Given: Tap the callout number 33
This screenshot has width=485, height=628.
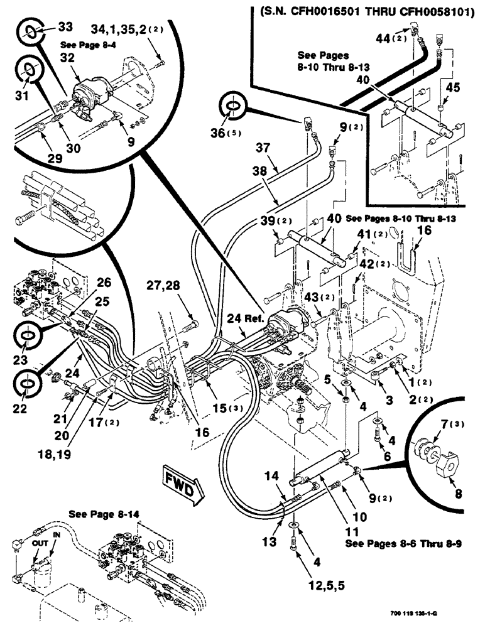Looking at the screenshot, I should click(x=65, y=28).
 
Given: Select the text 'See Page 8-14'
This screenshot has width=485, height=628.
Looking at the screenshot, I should click(x=104, y=513).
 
